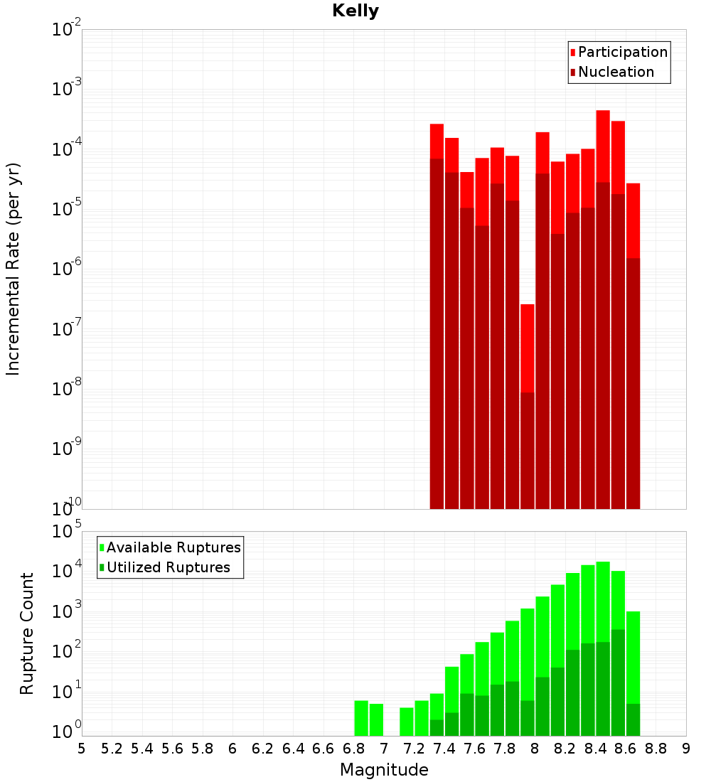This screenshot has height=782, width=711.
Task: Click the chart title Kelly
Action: pyautogui.click(x=355, y=11)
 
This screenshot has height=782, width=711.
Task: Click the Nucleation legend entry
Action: pyautogui.click(x=616, y=72)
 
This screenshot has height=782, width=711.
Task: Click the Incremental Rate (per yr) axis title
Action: pyautogui.click(x=13, y=269)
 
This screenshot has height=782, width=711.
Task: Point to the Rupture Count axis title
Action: pyautogui.click(x=27, y=633)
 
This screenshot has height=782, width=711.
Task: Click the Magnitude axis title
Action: pyautogui.click(x=384, y=770)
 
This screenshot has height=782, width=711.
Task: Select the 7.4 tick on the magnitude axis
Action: pyautogui.click(x=444, y=749)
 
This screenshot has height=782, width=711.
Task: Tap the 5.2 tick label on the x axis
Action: pyautogui.click(x=112, y=749)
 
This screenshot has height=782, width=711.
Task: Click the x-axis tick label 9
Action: pyautogui.click(x=686, y=749)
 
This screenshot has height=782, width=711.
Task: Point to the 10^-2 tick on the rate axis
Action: pyautogui.click(x=67, y=30)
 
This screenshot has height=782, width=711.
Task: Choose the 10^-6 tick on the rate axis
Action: pyautogui.click(x=67, y=269)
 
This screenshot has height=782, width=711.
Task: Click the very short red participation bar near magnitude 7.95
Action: pyautogui.click(x=528, y=348)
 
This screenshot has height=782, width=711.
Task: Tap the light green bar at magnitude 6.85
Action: pyautogui.click(x=361, y=718)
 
